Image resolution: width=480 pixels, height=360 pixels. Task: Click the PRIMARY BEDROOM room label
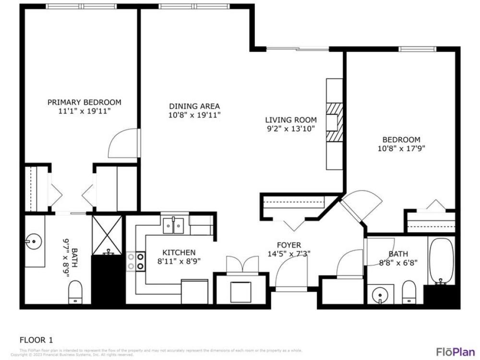tap(84, 102)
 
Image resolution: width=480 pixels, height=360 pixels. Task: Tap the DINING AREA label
tap(194, 106)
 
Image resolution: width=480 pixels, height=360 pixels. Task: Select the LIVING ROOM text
tap(291, 120)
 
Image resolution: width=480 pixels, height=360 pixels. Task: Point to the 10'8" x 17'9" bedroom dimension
tap(401, 148)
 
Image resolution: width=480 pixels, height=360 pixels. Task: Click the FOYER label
tap(289, 245)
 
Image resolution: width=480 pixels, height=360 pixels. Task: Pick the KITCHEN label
tap(179, 252)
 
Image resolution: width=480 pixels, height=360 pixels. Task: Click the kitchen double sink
tap(174, 225)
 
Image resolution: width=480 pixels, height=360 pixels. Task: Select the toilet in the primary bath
tap(75, 292)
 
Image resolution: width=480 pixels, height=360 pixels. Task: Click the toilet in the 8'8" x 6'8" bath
tap(408, 292)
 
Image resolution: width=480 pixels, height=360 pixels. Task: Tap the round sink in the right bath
tap(380, 293)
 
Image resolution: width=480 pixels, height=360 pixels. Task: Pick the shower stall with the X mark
tap(108, 235)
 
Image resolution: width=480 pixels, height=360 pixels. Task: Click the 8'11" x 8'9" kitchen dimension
tap(179, 261)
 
